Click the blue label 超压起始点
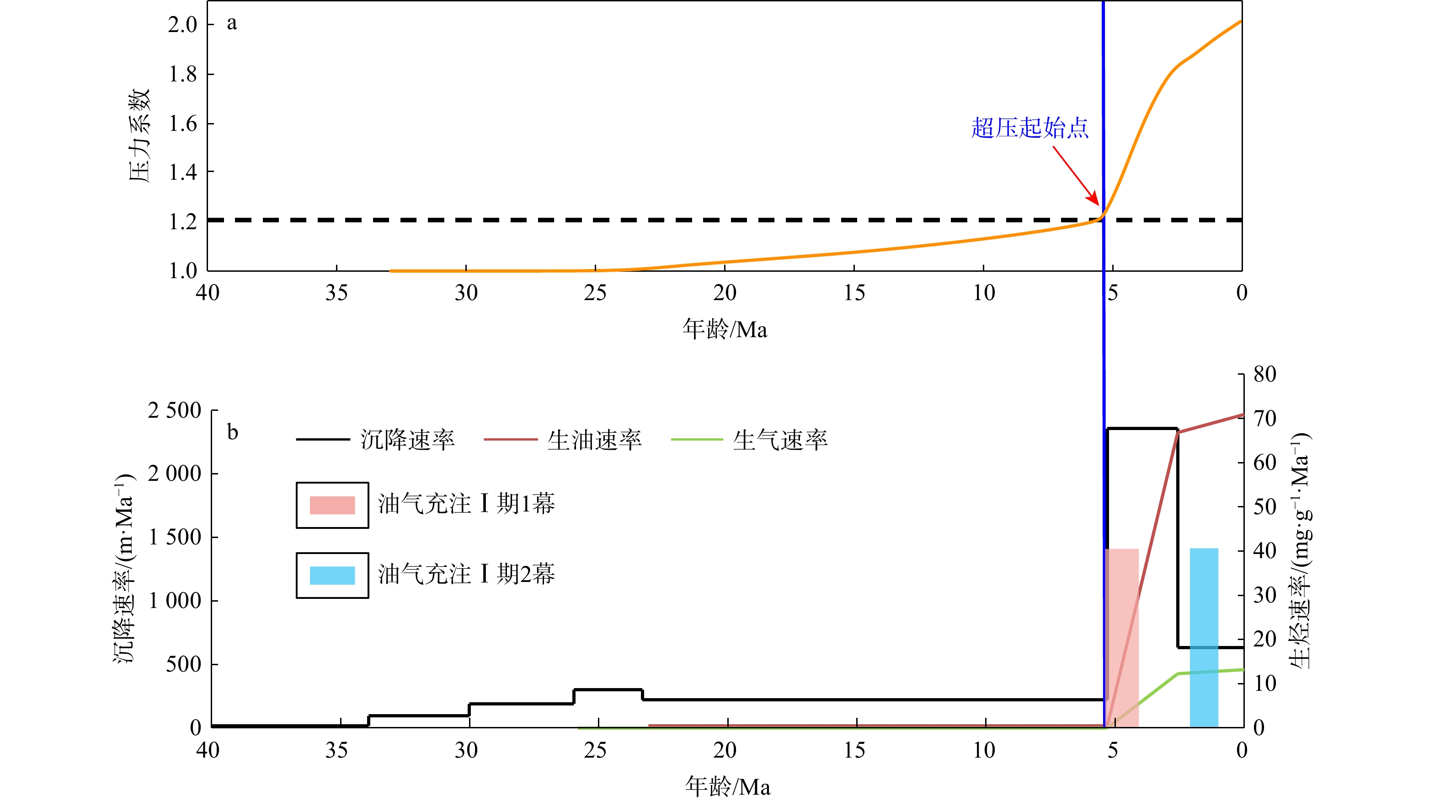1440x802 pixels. tap(1029, 128)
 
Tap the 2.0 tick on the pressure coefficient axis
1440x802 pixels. tap(183, 25)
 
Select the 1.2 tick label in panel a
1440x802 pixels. tap(183, 222)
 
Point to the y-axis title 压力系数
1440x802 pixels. tap(139, 135)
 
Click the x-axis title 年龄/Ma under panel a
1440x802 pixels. tap(725, 329)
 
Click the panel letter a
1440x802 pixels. tap(231, 23)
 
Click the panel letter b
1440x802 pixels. tap(233, 432)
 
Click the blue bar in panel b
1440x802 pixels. tap(1204, 638)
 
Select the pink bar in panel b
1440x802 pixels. tap(1122, 638)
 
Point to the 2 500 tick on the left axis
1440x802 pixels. tap(175, 410)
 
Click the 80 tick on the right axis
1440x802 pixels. tap(1264, 374)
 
